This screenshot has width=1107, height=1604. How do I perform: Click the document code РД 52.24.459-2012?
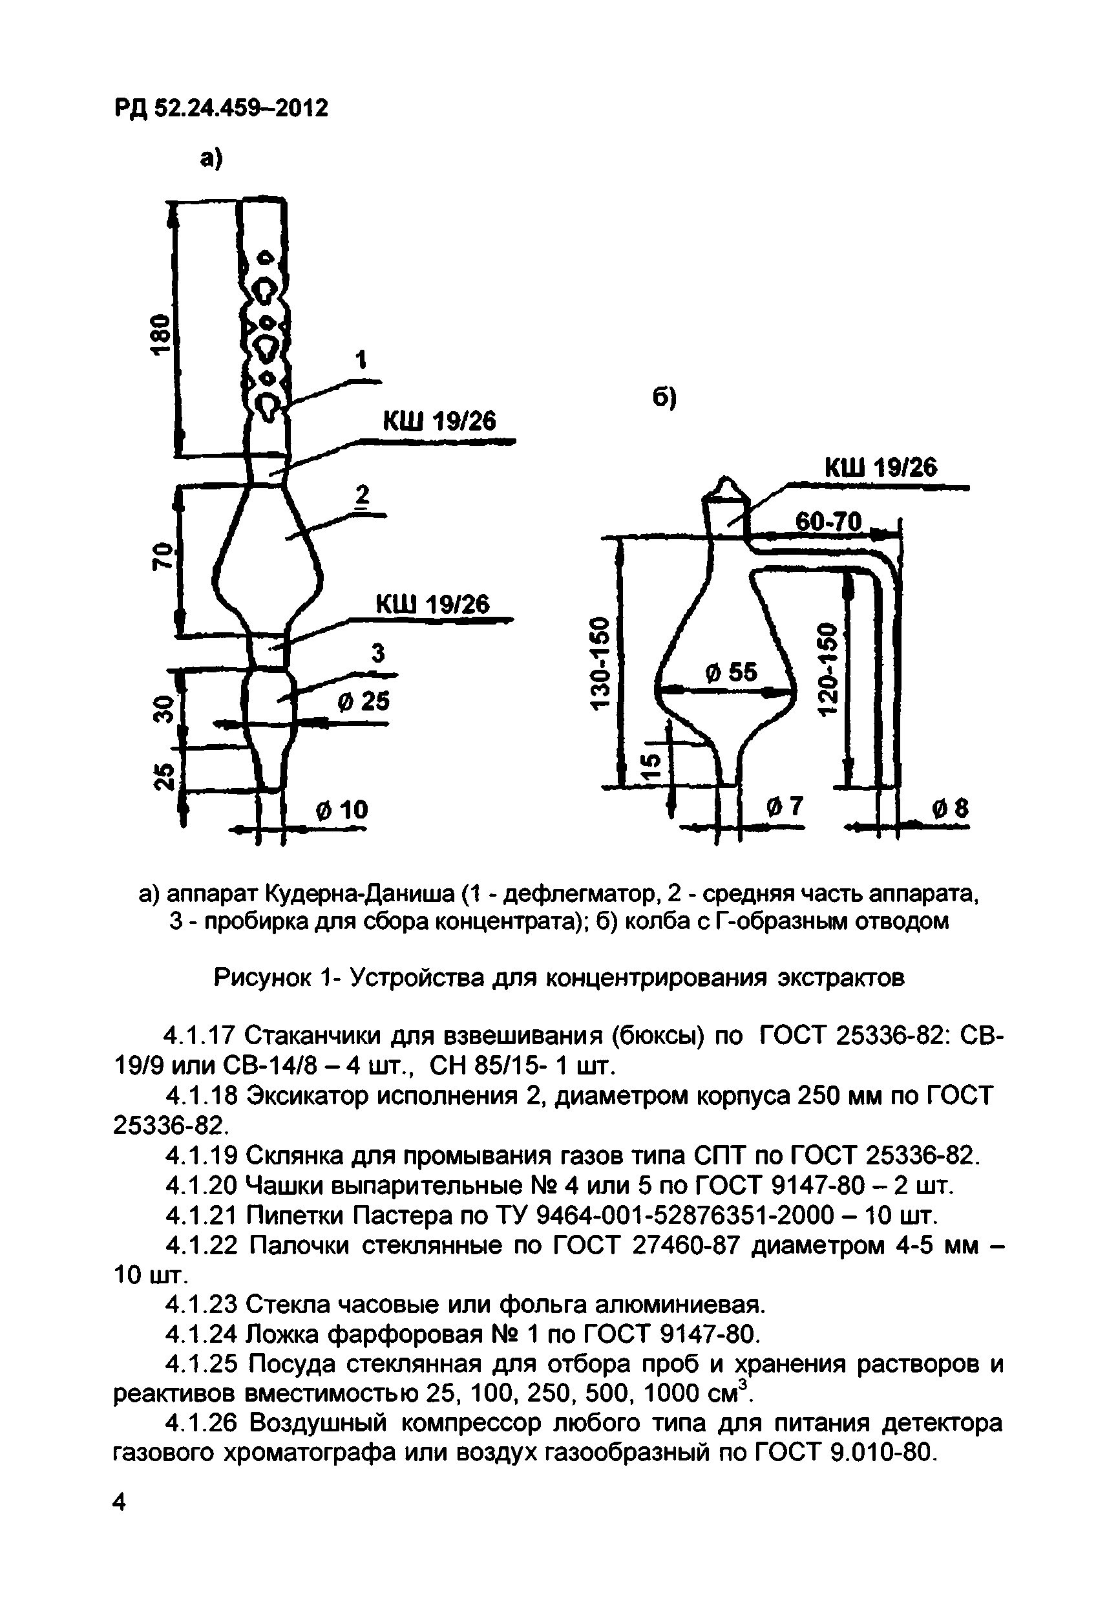[x=220, y=109]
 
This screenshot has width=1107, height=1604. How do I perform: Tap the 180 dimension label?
[x=161, y=334]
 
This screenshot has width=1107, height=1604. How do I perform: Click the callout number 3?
[x=378, y=653]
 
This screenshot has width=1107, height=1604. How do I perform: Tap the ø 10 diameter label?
[x=341, y=809]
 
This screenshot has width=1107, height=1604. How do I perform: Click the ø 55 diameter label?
[x=731, y=672]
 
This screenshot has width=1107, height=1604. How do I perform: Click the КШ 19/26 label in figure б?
[x=880, y=467]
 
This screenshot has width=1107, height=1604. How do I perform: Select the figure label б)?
[x=665, y=398]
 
